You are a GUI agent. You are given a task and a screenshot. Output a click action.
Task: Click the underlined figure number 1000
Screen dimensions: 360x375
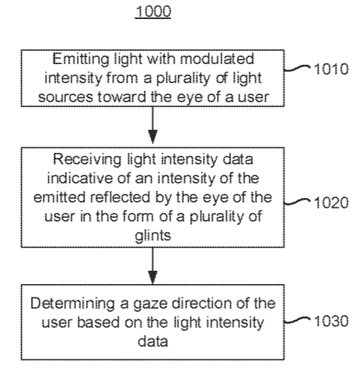pyautogui.click(x=153, y=11)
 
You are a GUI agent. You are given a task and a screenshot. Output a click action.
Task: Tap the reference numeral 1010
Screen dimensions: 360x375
pyautogui.click(x=331, y=69)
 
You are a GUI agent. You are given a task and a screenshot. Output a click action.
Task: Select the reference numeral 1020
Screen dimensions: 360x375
pyautogui.click(x=331, y=203)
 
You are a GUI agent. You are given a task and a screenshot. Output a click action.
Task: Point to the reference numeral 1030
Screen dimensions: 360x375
pyautogui.click(x=331, y=321)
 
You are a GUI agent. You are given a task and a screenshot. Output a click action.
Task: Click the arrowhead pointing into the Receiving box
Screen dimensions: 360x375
pyautogui.click(x=153, y=137)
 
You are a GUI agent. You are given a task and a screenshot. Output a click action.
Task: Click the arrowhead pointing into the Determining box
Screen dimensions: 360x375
pyautogui.click(x=153, y=277)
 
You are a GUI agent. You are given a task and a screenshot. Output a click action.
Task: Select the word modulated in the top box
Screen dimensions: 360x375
pyautogui.click(x=217, y=59)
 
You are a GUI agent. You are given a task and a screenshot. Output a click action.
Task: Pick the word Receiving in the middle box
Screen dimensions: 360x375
pyautogui.click(x=87, y=160)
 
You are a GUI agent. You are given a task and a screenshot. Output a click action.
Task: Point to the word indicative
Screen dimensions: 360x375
pyautogui.click(x=80, y=178)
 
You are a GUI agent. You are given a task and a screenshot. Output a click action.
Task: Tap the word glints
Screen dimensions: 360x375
pyautogui.click(x=153, y=236)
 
